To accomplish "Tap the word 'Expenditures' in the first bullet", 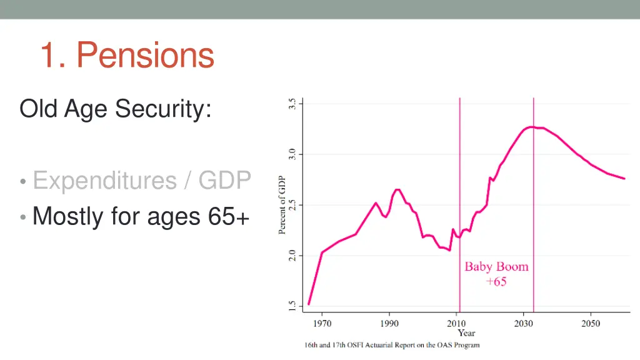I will pyautogui.click(x=104, y=181).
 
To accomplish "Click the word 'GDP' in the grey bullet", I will pyautogui.click(x=224, y=181).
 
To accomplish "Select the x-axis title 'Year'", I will pyautogui.click(x=466, y=333).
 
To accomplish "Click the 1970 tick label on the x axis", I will pyautogui.click(x=322, y=323).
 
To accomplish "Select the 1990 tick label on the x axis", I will pyautogui.click(x=389, y=323).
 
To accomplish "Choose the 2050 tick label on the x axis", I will pyautogui.click(x=591, y=323).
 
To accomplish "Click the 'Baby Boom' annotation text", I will pyautogui.click(x=496, y=267).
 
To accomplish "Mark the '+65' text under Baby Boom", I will pyautogui.click(x=496, y=281).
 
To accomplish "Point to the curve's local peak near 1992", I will pyautogui.click(x=397, y=189).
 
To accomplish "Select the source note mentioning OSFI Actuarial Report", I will pyautogui.click(x=392, y=345).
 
